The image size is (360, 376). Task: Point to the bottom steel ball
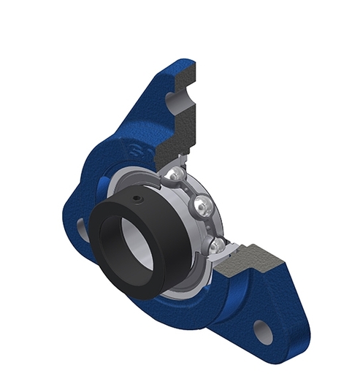coord(215,247)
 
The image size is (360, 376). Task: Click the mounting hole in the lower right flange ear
coord(264,331)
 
